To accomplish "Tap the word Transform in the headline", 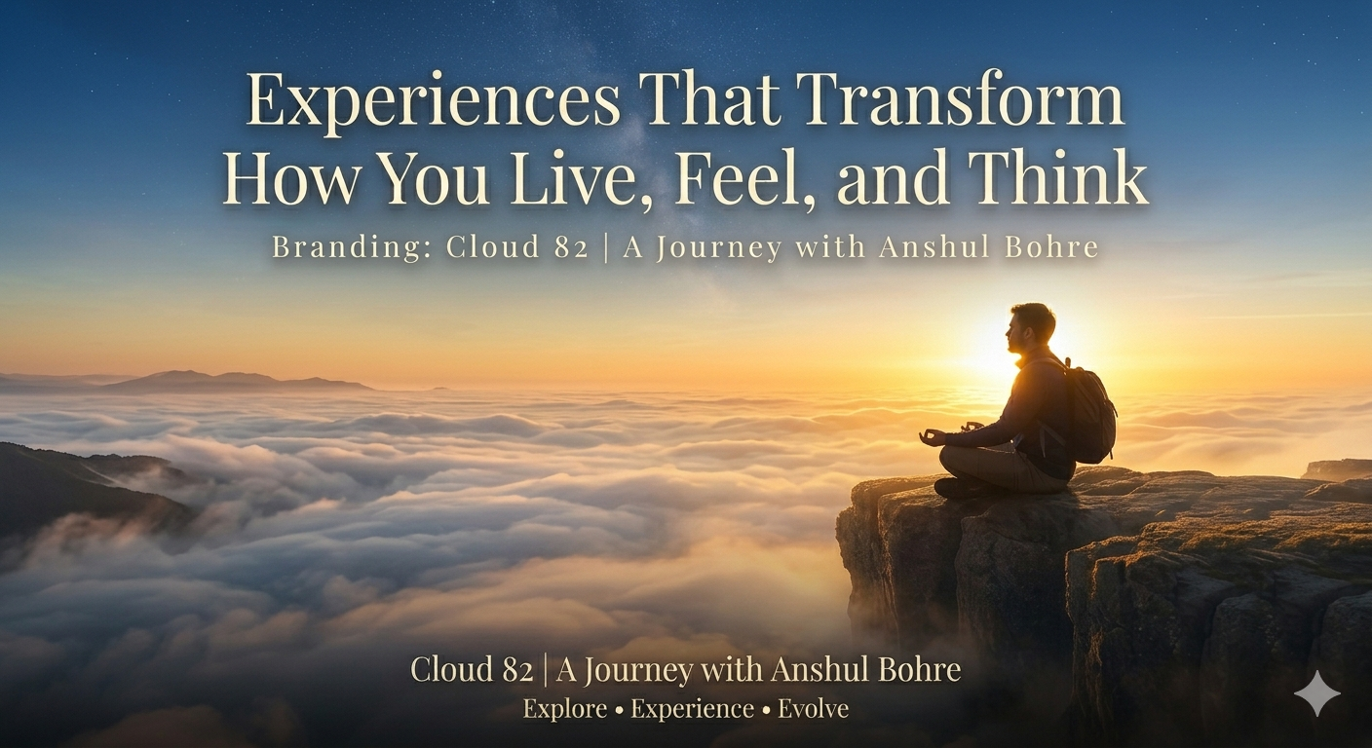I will [x=961, y=101].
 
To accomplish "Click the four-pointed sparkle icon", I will [x=1316, y=692].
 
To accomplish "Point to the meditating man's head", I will [x=1031, y=327].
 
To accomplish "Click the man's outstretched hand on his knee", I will [x=934, y=437].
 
